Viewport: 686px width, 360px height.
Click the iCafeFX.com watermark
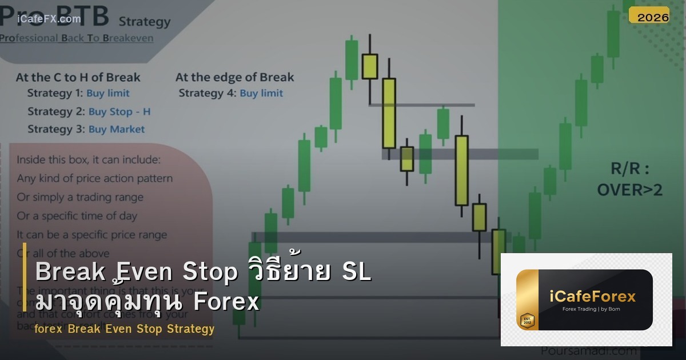(x=49, y=19)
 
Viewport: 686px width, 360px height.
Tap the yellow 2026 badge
(x=653, y=17)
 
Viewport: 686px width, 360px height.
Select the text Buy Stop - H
(x=119, y=111)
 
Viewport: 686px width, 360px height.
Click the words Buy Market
(x=117, y=129)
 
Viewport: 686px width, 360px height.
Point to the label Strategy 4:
(x=207, y=93)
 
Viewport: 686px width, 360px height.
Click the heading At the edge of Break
(x=234, y=77)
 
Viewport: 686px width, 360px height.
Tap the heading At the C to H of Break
(x=78, y=77)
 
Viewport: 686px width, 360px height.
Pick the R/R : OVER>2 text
(x=629, y=179)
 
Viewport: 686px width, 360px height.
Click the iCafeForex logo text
(x=592, y=297)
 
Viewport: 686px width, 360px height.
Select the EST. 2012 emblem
(x=527, y=321)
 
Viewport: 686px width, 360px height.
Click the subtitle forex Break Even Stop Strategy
(x=124, y=329)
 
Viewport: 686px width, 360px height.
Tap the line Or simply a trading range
(x=80, y=197)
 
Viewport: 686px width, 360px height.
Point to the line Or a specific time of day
(x=77, y=216)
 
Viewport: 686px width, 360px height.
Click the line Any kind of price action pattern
(x=94, y=178)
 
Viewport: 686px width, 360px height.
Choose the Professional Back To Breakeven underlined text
(x=77, y=38)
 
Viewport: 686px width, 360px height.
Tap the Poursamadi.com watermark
(x=580, y=351)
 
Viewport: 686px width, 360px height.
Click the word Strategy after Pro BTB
(x=145, y=22)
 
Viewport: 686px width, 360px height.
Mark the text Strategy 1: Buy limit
(x=78, y=93)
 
